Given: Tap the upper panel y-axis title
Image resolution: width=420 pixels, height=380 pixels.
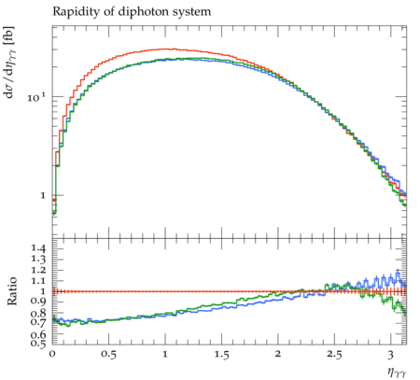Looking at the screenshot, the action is click(9, 62).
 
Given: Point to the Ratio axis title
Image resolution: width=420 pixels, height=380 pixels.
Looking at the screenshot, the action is click(12, 291).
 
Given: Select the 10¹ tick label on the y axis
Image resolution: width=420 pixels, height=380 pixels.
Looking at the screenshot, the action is click(36, 97).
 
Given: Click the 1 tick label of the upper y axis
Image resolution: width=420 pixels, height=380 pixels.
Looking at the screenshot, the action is click(42, 195).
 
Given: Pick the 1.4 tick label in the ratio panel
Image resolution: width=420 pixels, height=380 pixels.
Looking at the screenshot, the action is click(38, 248).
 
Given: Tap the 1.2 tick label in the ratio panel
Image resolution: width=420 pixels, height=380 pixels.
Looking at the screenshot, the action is click(38, 270).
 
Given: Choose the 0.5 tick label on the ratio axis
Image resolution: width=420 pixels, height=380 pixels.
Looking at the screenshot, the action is click(38, 343).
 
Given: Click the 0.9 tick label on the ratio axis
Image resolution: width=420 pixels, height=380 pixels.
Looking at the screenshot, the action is click(38, 301).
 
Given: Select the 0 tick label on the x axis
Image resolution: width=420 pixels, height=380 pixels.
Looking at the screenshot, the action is click(52, 354).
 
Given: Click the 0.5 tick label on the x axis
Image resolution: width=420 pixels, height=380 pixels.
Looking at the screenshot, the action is click(108, 354).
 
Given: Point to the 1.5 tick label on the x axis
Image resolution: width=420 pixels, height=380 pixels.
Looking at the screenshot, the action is click(221, 354).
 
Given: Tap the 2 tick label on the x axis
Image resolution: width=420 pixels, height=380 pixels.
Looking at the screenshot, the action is click(278, 354).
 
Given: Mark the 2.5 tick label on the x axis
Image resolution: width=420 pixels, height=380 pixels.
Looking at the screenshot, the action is click(334, 354).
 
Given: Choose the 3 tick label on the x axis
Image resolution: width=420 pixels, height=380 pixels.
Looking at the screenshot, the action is click(391, 354).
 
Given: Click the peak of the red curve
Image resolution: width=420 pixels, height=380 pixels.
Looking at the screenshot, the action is click(166, 49).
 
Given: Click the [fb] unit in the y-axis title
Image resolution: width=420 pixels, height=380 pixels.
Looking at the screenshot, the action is click(9, 34).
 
